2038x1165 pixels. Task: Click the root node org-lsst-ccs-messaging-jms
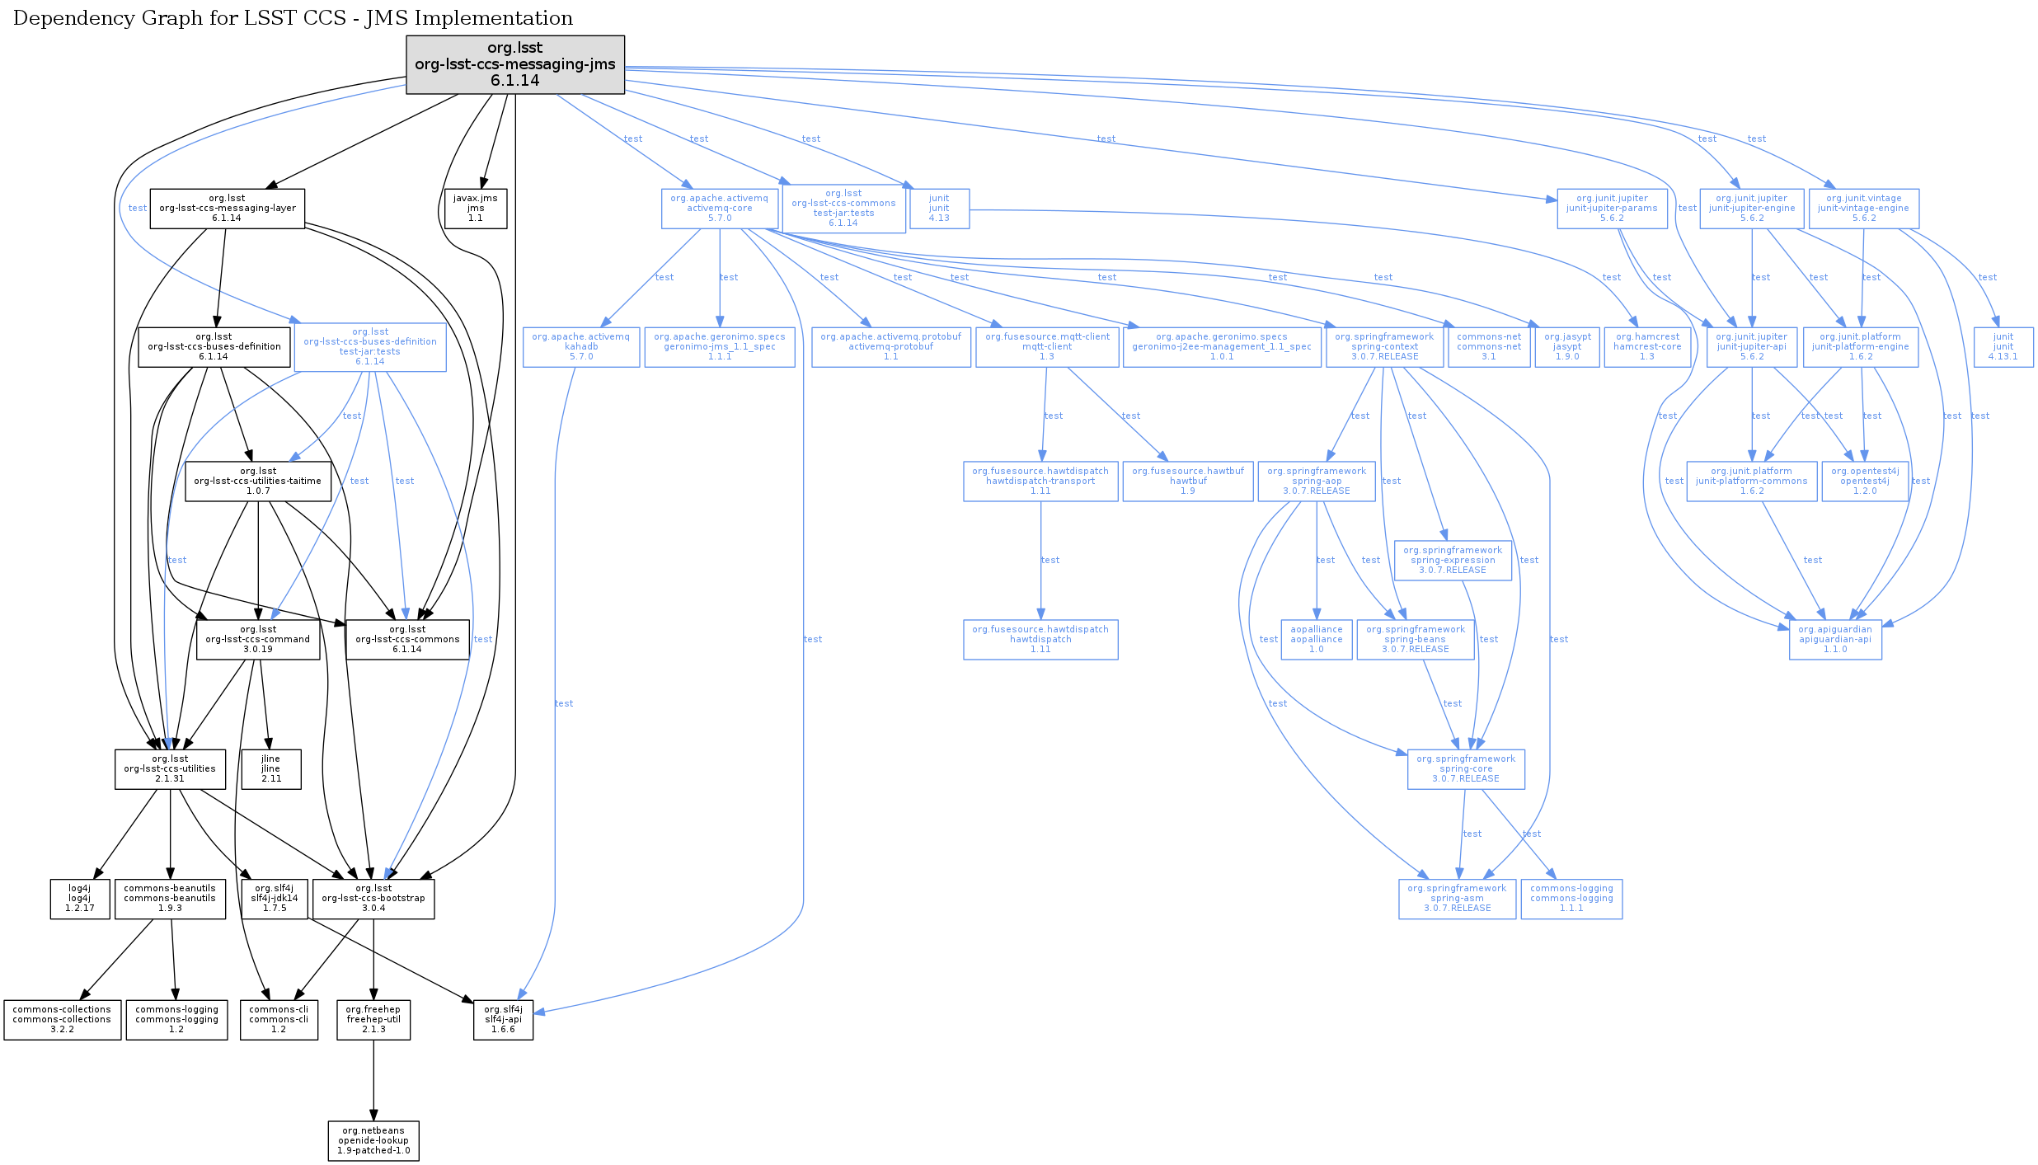pyautogui.click(x=514, y=64)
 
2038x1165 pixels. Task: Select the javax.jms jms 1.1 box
pyautogui.click(x=476, y=209)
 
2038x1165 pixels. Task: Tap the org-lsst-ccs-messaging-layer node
pyautogui.click(x=227, y=209)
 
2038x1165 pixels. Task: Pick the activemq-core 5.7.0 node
pyautogui.click(x=719, y=209)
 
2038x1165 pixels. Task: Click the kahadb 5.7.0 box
pyautogui.click(x=580, y=347)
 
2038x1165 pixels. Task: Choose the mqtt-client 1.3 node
pyautogui.click(x=1047, y=347)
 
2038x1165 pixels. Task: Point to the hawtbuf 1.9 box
pyautogui.click(x=1187, y=482)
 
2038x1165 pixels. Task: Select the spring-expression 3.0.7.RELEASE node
pyautogui.click(x=1452, y=561)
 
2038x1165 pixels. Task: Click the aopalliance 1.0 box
pyautogui.click(x=1316, y=640)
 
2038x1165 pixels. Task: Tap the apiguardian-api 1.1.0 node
pyautogui.click(x=1834, y=640)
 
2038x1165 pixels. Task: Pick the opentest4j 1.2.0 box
pyautogui.click(x=1864, y=482)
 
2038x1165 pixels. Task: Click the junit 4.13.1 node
pyautogui.click(x=2003, y=347)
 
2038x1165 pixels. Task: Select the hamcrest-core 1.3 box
pyautogui.click(x=1646, y=347)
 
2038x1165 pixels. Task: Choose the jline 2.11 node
pyautogui.click(x=270, y=769)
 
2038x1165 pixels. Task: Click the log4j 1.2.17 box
pyautogui.click(x=80, y=899)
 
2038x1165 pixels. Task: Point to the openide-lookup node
pyautogui.click(x=373, y=1141)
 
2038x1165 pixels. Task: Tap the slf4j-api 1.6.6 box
pyautogui.click(x=503, y=1020)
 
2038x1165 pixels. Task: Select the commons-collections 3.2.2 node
pyautogui.click(x=62, y=1020)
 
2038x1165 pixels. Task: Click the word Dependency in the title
pyautogui.click(x=67, y=18)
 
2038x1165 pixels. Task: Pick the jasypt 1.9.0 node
pyautogui.click(x=1566, y=347)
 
